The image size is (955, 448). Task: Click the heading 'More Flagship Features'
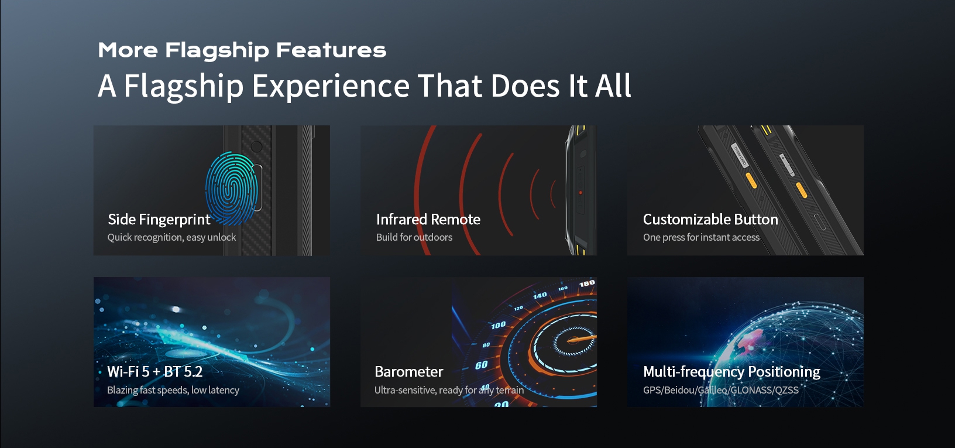point(242,50)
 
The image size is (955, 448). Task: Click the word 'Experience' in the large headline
point(331,87)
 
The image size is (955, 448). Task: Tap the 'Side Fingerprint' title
point(159,220)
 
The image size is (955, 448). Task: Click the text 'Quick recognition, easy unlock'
point(171,237)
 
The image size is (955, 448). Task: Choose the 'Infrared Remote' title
point(428,220)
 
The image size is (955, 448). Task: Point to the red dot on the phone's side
point(580,192)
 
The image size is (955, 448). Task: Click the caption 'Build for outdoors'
point(414,237)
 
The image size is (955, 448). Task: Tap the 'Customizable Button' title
point(710,220)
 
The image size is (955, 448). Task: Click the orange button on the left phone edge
point(751,181)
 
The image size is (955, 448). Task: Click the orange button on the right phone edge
point(802,191)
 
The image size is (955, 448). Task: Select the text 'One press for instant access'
point(701,237)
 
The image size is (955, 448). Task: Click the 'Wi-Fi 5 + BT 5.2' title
point(154,372)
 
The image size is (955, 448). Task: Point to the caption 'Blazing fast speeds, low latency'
point(173,390)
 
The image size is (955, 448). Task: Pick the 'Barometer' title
point(408,372)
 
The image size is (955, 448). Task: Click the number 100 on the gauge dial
point(498,325)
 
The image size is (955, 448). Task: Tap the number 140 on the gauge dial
point(540,295)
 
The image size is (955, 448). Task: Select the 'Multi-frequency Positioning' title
point(731,372)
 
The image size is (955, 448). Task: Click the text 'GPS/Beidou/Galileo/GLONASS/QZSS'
point(720,390)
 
